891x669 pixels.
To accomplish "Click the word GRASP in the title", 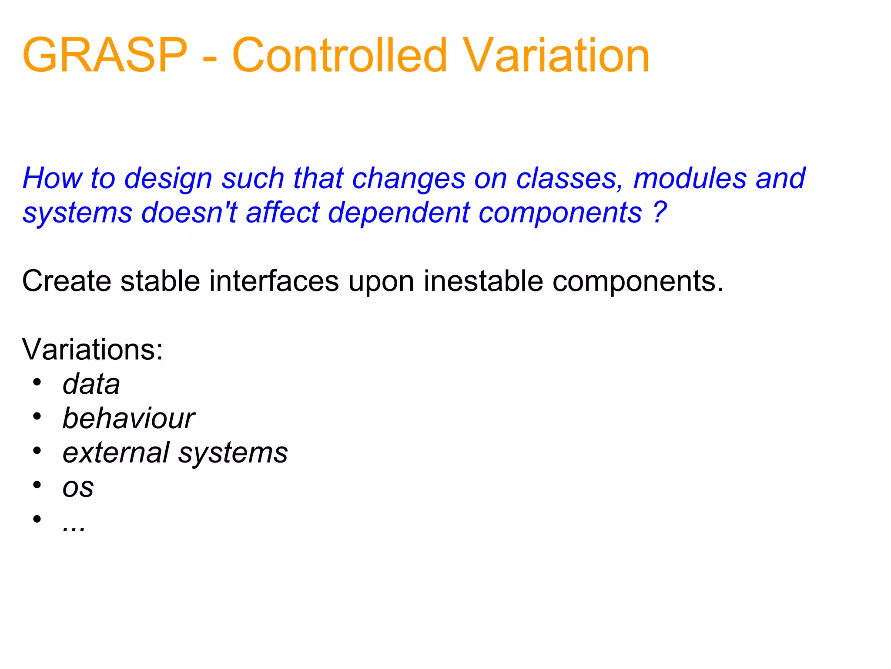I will [x=104, y=56].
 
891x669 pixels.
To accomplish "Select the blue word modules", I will [x=690, y=179].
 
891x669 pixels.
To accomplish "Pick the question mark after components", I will [x=660, y=212].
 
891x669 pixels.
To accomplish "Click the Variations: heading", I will [x=92, y=349].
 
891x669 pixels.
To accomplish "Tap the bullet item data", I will [x=91, y=384].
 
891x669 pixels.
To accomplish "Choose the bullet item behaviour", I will [x=129, y=419].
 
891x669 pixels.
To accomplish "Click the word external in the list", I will [x=116, y=453].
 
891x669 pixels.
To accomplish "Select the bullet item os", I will [x=78, y=488].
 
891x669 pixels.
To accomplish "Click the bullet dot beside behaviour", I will [x=37, y=416].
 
